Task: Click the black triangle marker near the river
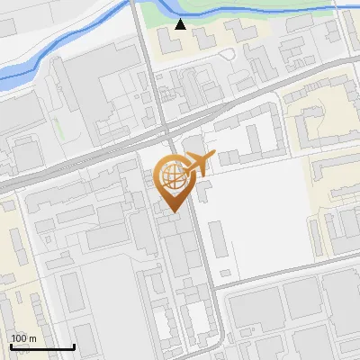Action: (x=181, y=24)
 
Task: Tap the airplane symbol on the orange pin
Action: (x=196, y=164)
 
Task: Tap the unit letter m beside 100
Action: (x=32, y=338)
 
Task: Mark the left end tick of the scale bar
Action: (x=11, y=345)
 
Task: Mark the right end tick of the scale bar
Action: (x=74, y=345)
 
